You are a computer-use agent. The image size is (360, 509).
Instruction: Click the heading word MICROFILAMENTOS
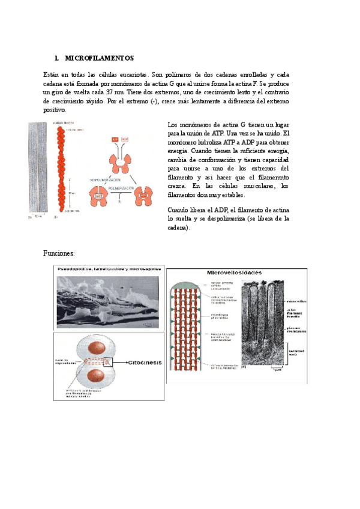pos(99,58)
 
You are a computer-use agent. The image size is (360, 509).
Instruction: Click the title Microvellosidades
pos(233,273)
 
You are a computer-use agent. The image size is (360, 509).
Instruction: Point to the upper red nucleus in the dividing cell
pos(95,350)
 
